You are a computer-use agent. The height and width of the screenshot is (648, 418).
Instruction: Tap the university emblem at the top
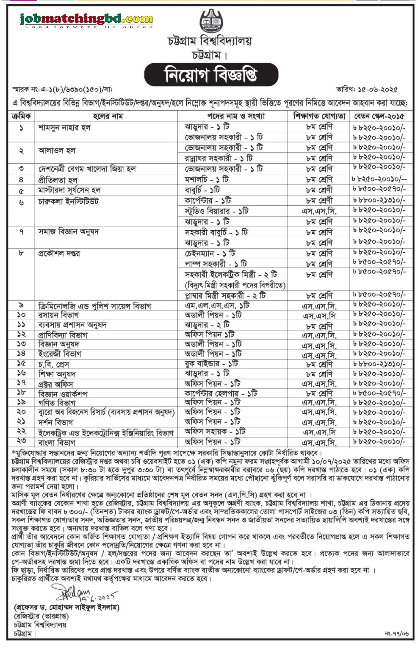[x=211, y=21]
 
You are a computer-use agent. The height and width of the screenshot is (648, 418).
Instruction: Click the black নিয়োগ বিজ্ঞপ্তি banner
[x=211, y=75]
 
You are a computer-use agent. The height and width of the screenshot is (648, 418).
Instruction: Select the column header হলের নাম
[x=108, y=116]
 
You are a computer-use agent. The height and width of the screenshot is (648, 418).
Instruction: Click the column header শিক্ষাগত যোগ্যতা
[x=319, y=116]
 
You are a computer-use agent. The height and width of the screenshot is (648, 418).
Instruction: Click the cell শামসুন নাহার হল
[x=64, y=128]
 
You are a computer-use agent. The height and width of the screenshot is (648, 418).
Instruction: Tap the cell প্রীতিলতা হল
[x=58, y=180]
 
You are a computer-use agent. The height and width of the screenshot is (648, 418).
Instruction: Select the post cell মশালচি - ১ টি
[x=207, y=179]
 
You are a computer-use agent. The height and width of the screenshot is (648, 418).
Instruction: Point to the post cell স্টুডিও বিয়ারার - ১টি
[x=216, y=211]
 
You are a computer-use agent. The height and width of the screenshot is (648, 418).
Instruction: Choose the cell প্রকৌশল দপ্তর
[x=59, y=253]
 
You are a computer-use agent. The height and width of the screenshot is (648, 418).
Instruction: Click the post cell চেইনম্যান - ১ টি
[x=210, y=253]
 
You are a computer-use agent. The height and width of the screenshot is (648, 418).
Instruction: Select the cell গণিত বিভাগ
[x=57, y=403]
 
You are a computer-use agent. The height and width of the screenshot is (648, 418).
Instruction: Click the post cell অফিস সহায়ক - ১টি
[x=215, y=432]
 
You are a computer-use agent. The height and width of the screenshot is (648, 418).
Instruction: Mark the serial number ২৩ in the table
[x=21, y=441]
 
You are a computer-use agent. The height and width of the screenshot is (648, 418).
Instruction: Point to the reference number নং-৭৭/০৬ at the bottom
[x=397, y=633]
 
